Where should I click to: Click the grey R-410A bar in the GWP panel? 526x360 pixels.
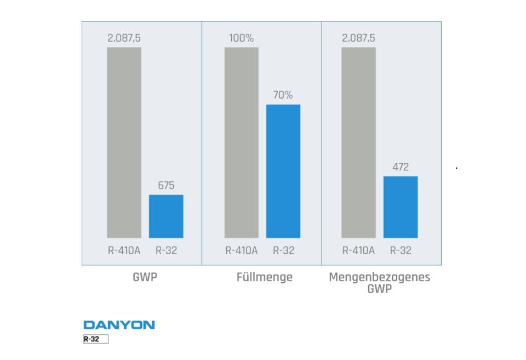point(124,142)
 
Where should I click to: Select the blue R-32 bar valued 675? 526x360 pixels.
point(166,216)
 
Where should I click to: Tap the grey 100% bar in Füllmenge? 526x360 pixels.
point(241,142)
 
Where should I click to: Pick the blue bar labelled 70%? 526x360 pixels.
point(283,171)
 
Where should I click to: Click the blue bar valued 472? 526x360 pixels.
point(401,207)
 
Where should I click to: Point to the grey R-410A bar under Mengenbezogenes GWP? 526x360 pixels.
point(358,142)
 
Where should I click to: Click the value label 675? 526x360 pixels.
point(166,186)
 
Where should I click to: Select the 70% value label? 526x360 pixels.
point(283,95)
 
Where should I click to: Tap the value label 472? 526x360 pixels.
point(401,167)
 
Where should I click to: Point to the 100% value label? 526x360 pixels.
point(241,38)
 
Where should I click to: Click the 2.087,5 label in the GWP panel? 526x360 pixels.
point(124,38)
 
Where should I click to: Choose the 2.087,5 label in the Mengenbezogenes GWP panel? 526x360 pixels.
point(358,38)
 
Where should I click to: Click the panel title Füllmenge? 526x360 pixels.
point(264,277)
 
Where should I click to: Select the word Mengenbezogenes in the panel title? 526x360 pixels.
point(379,277)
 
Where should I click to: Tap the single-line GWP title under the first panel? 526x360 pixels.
point(145,277)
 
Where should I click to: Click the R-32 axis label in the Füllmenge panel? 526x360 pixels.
point(283,251)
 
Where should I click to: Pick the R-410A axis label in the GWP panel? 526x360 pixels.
point(124,251)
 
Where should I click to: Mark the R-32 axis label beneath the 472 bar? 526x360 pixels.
point(401,251)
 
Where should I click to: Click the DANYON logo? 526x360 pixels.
point(119,325)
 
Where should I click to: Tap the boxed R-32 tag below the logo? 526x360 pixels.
point(96,339)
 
